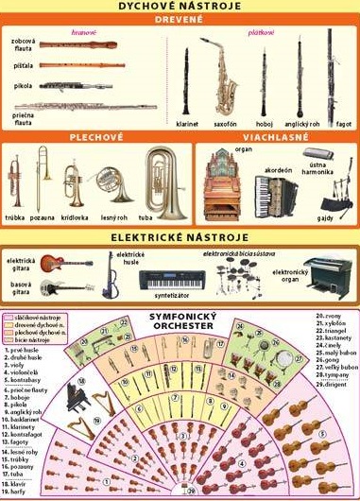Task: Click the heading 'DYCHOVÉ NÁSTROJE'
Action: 179,7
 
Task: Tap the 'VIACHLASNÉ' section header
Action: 273,136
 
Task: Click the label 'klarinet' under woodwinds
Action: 187,123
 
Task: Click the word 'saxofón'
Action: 225,123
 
